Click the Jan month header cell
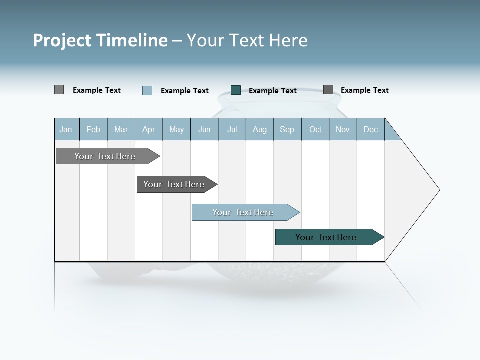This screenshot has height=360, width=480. click(x=66, y=129)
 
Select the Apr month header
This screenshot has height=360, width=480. click(x=149, y=129)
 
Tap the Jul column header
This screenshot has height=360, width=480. click(x=232, y=129)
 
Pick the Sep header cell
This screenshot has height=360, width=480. click(x=287, y=129)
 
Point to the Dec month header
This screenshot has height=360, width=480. click(x=370, y=129)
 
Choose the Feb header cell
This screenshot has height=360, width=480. click(x=93, y=129)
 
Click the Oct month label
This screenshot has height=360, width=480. click(x=315, y=129)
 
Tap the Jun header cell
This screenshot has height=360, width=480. click(x=204, y=129)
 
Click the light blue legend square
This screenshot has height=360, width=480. click(x=147, y=90)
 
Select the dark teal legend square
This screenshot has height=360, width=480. click(x=236, y=90)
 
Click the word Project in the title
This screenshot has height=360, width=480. click(x=62, y=40)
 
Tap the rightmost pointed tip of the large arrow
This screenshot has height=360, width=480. click(x=439, y=190)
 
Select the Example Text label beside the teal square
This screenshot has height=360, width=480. click(x=272, y=91)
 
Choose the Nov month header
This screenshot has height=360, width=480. click(x=343, y=129)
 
